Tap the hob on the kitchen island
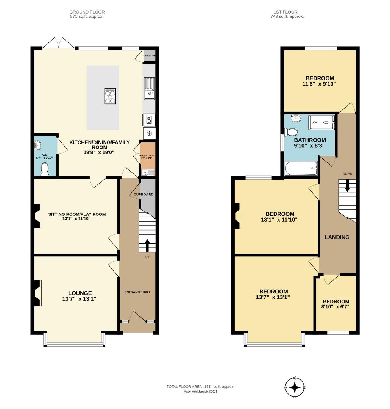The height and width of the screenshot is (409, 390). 110,96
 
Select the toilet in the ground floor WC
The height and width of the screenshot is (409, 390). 45,169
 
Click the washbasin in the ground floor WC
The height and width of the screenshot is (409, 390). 38,145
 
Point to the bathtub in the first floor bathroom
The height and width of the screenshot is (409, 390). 301,169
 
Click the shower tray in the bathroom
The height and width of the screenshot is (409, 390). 322,122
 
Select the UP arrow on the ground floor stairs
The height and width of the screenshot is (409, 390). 147,244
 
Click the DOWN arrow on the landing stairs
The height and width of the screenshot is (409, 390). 347,186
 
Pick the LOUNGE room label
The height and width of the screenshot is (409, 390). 80,293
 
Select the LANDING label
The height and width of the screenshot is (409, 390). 337,237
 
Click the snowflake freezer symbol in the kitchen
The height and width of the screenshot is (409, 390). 149,133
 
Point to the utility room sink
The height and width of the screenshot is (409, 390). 148,173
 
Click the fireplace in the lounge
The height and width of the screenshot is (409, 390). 37,293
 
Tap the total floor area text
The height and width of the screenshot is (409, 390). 200,386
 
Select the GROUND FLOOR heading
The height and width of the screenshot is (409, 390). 87,12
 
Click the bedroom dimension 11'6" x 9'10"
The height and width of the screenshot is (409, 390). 319,84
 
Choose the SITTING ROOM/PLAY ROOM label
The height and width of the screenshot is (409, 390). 77,214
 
